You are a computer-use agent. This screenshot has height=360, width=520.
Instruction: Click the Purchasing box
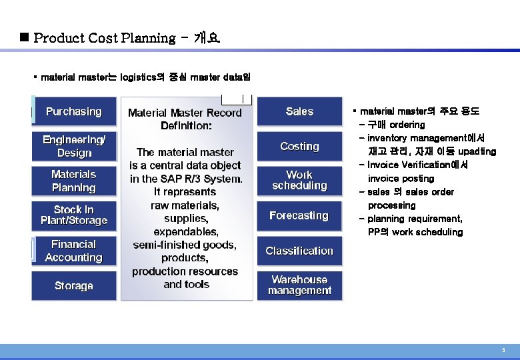[74, 111]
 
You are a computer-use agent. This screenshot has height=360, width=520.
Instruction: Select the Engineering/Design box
[74, 146]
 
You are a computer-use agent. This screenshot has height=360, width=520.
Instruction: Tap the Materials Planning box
[74, 181]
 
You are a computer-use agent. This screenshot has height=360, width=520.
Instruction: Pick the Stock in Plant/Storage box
[74, 215]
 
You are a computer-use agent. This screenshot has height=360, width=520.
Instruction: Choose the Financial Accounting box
[74, 251]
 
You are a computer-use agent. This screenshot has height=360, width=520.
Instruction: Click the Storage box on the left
[74, 285]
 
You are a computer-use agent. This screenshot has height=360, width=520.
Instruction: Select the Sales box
[299, 111]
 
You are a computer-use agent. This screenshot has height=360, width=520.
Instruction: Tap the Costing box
[299, 146]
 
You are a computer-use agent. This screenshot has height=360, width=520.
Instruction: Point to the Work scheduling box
[299, 180]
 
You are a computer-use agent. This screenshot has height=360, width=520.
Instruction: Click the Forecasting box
[299, 215]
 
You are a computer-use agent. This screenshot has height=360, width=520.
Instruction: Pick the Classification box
[299, 251]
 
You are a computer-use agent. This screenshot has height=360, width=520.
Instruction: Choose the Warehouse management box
[299, 285]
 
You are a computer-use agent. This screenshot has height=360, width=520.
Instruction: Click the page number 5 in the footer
[503, 350]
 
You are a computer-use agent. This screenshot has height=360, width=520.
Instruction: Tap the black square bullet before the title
[24, 37]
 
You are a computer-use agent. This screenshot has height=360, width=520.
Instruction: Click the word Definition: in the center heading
[187, 125]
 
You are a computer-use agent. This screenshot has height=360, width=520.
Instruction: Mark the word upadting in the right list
[477, 151]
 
